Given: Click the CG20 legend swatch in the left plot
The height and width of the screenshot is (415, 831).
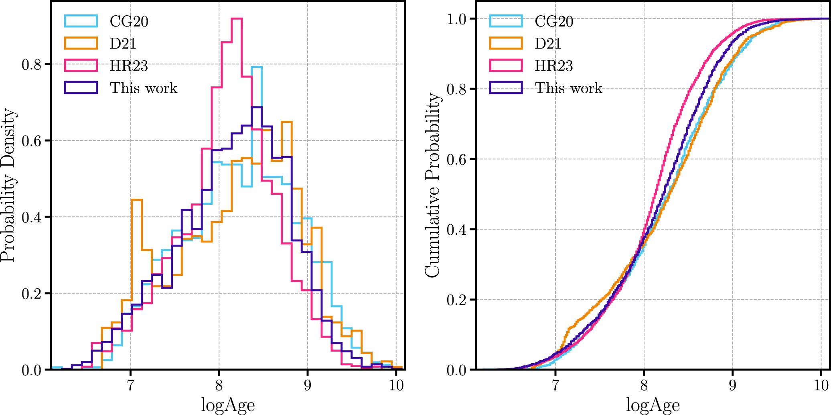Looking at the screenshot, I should tap(81, 21).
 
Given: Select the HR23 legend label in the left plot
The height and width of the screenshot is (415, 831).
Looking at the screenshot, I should tap(129, 65).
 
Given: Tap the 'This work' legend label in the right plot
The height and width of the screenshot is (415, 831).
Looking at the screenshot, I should tap(568, 88).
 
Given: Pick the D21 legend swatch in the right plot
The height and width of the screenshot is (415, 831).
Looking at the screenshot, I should tap(506, 43).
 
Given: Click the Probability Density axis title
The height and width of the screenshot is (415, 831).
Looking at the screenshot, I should tap(8, 185).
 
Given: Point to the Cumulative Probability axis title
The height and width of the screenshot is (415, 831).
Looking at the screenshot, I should tap(432, 185).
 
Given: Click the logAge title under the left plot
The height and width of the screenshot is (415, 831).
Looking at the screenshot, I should tap(227, 405).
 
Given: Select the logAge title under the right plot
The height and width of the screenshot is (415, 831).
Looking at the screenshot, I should tap(653, 405).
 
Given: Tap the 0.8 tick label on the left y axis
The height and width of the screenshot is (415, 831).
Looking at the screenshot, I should tap(31, 64).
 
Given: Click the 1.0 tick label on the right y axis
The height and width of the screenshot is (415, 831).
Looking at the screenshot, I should tap(456, 19).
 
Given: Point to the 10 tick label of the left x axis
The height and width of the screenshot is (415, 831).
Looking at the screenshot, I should tap(396, 385).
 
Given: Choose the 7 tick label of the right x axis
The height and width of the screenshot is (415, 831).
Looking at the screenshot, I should tap(555, 385).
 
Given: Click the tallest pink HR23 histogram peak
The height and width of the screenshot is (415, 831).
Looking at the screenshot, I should tap(237, 18).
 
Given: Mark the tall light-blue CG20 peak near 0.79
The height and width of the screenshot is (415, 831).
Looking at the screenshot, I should tap(257, 67).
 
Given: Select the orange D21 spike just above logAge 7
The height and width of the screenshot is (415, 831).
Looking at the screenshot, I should tap(136, 200).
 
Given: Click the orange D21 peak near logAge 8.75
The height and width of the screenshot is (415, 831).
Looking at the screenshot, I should tap(286, 122).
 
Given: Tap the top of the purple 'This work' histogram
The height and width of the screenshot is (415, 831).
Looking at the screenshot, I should tap(257, 107).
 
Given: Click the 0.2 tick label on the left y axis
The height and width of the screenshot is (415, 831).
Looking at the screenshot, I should tap(31, 293).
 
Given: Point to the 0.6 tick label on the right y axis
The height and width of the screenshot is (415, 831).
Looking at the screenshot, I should tap(456, 159).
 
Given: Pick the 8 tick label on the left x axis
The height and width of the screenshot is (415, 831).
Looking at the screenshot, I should tap(219, 385).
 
